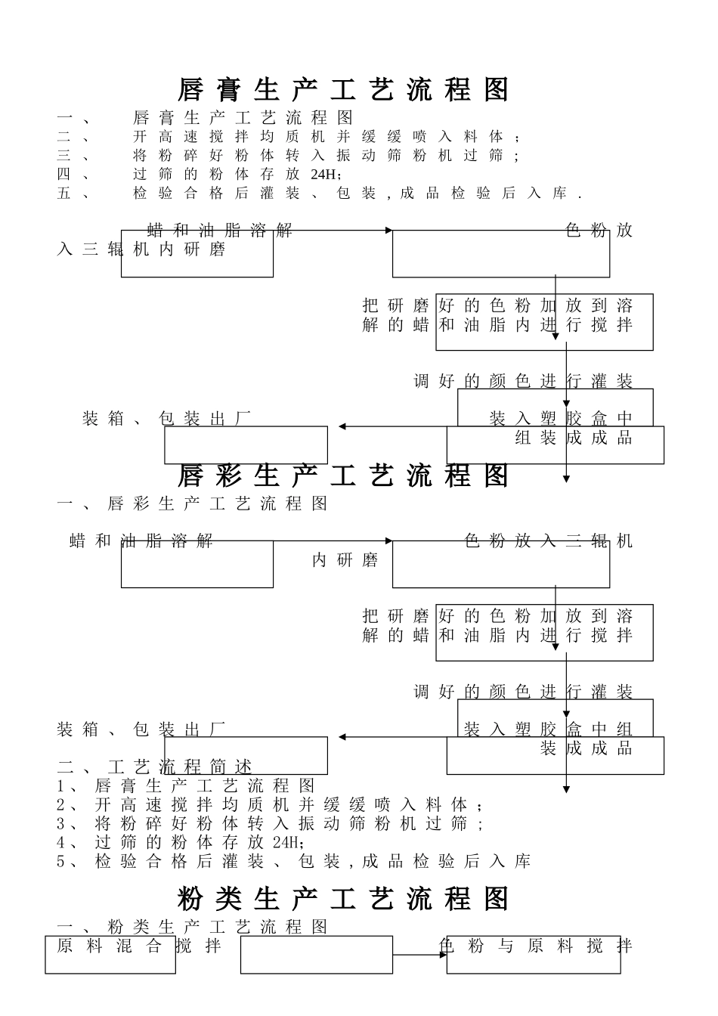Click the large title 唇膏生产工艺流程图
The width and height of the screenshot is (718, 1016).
tap(344, 90)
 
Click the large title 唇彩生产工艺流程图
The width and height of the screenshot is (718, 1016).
tap(344, 475)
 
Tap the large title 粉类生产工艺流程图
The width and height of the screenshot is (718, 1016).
tap(344, 899)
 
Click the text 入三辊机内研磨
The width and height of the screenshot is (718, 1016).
tap(141, 249)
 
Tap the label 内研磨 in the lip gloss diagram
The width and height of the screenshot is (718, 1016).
tap(345, 560)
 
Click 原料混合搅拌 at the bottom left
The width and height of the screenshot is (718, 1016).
tap(139, 946)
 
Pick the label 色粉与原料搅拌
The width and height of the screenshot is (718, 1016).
tap(535, 946)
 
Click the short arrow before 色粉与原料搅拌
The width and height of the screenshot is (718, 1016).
tap(420, 955)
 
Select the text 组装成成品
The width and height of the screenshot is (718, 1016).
tap(574, 438)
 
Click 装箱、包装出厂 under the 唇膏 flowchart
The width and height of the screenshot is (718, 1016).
tap(166, 418)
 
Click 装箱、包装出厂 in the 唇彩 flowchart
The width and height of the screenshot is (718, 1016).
tap(141, 729)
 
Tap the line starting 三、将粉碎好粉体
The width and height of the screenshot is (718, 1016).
tap(288, 156)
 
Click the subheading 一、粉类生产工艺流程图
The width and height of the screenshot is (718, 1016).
tap(193, 927)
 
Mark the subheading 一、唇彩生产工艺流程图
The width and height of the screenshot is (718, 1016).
tap(193, 503)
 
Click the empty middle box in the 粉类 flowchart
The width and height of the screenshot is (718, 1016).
tap(317, 955)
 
